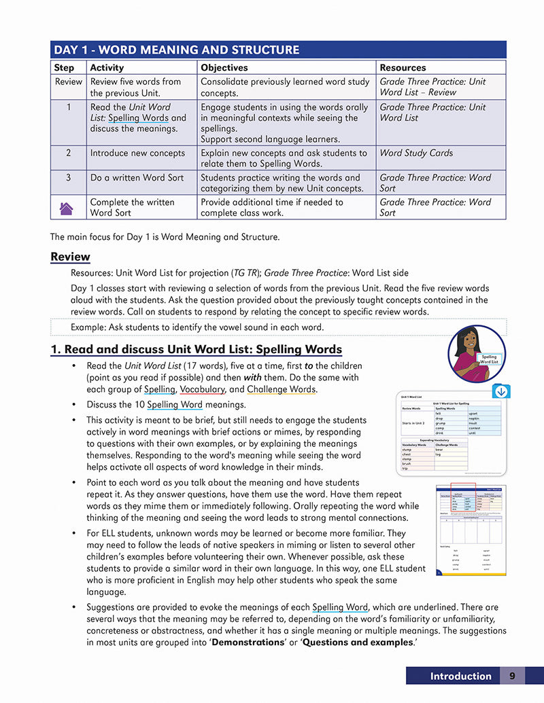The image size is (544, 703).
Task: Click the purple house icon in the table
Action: (67, 208)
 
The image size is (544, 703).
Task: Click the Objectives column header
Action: (223, 68)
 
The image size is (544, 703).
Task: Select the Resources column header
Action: (403, 68)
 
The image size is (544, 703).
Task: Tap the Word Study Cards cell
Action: (416, 153)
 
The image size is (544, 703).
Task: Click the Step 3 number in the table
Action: (69, 177)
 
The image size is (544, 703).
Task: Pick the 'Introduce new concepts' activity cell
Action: (137, 153)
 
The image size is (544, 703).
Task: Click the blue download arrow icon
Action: (501, 392)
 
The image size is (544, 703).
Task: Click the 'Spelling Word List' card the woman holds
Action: (489, 360)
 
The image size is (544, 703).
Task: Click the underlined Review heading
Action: (70, 257)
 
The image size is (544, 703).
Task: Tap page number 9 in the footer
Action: (512, 676)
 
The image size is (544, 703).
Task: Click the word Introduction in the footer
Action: (460, 676)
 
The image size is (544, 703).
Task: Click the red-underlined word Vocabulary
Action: (203, 390)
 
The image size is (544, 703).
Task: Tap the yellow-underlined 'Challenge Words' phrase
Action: (281, 390)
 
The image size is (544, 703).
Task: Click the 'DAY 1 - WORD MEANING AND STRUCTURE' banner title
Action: (176, 50)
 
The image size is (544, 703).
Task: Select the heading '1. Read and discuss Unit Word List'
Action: (196, 350)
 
